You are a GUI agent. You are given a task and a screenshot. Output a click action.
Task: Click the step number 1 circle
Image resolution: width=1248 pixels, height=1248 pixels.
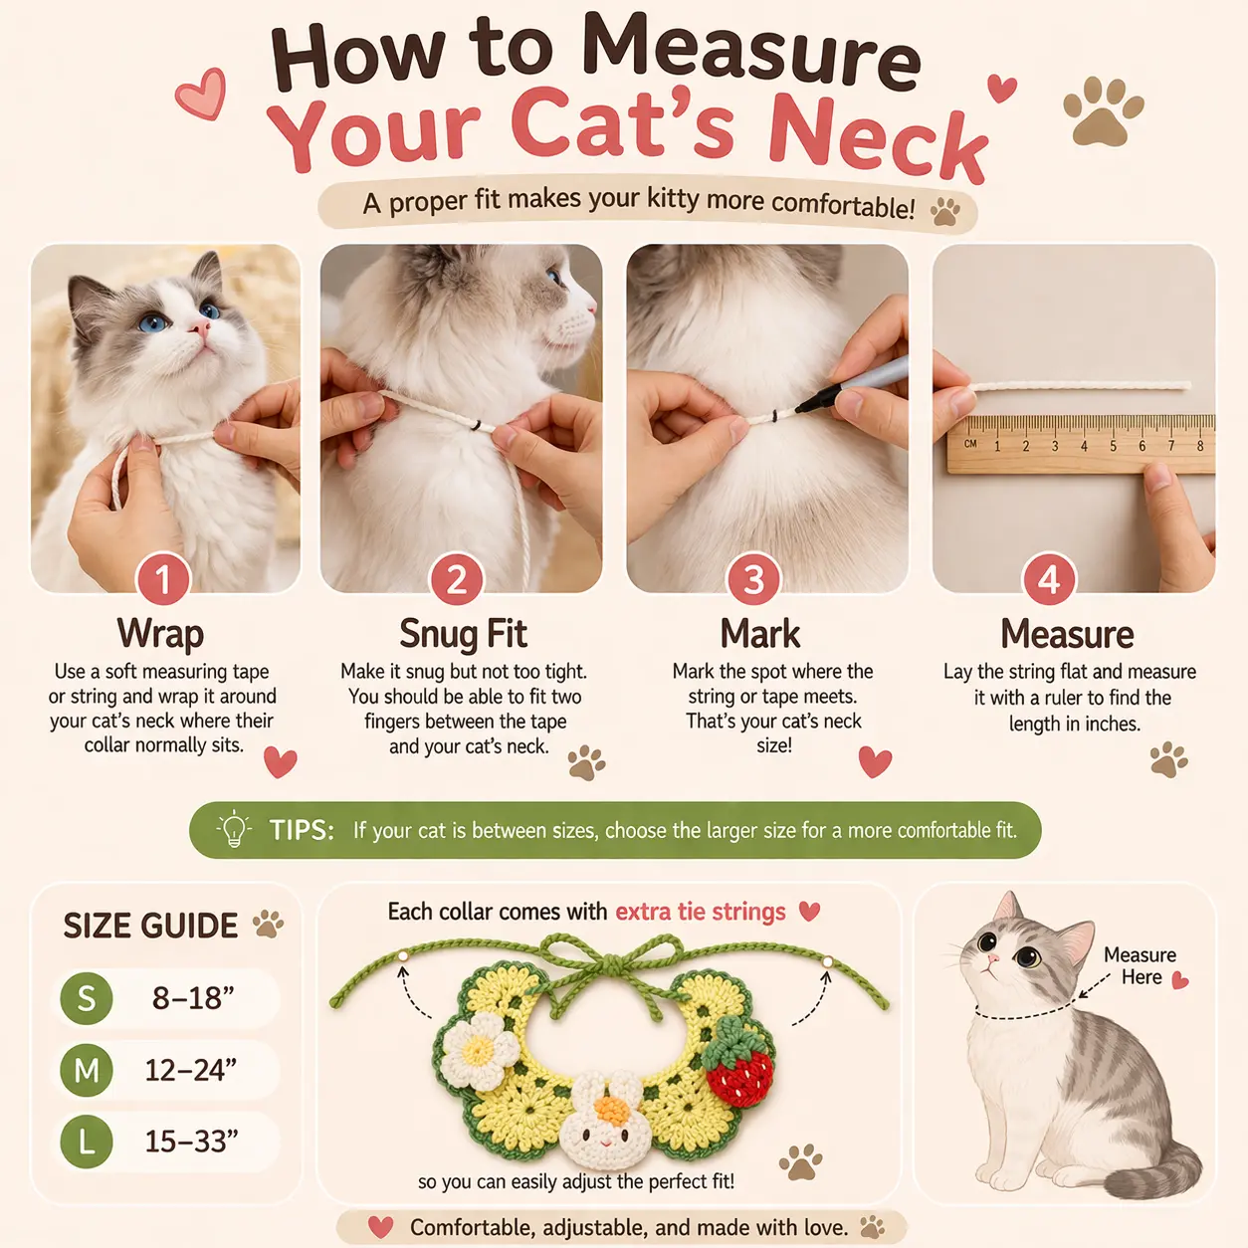tap(162, 578)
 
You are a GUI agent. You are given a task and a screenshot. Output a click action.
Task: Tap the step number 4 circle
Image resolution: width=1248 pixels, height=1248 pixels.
tap(1049, 578)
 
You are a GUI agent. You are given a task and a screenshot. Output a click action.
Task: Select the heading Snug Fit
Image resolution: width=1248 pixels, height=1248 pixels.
tap(463, 633)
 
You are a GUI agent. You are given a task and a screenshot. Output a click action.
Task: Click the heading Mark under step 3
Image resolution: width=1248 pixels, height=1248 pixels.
tap(760, 633)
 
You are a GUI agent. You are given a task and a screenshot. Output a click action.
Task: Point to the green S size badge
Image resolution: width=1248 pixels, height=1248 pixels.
tap(87, 998)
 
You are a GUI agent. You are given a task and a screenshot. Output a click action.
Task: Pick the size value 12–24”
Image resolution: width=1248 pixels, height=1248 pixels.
tap(191, 1070)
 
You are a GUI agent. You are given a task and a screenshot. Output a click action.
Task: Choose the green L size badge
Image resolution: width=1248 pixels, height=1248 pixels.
tap(87, 1142)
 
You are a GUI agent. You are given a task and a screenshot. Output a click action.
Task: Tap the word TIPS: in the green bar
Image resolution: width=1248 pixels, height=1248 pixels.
tap(302, 830)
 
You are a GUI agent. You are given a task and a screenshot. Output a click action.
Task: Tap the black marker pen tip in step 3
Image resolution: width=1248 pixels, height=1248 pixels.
tap(802, 407)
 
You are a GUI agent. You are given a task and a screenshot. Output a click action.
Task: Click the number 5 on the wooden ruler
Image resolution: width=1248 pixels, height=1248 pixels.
tap(1113, 446)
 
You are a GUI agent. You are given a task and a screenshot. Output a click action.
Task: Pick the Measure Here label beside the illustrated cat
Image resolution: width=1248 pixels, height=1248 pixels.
tap(1140, 965)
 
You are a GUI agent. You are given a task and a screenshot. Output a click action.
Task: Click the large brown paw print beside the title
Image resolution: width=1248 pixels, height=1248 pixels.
tap(1103, 110)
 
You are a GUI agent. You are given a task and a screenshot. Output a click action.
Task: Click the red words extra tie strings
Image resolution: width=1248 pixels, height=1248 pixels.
tap(700, 912)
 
